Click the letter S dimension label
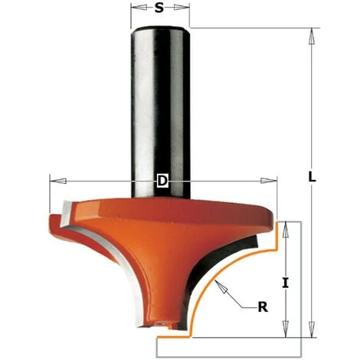click(x=159, y=8)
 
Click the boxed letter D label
click(x=162, y=181)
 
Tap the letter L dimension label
click(x=312, y=176)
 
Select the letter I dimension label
click(x=286, y=283)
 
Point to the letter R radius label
click(x=263, y=307)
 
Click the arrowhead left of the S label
click(x=139, y=8)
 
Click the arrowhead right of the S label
click(x=182, y=8)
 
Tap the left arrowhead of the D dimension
click(x=58, y=181)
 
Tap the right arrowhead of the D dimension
click(x=269, y=181)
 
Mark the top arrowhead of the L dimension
click(x=312, y=37)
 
